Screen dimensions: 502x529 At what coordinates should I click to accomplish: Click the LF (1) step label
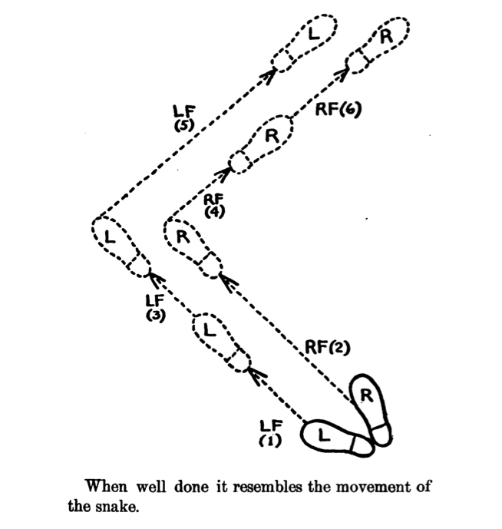[270, 433]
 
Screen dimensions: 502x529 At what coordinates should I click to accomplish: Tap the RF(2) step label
[327, 348]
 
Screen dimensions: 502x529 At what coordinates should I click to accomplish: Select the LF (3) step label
[155, 308]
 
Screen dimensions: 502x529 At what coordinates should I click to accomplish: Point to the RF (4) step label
[214, 206]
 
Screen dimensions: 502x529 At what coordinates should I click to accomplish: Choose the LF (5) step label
[184, 118]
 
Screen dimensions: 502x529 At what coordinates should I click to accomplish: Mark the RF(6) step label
[339, 109]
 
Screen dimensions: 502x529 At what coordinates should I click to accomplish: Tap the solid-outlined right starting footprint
[371, 410]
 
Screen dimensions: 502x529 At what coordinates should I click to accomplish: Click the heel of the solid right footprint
[381, 435]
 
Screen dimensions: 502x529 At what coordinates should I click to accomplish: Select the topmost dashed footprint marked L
[304, 42]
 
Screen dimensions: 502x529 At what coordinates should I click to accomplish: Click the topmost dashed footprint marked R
[378, 45]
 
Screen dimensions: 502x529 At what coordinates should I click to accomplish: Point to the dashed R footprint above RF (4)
[260, 144]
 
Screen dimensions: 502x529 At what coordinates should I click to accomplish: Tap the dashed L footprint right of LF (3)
[221, 342]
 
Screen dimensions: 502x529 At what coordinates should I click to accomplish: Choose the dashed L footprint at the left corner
[121, 247]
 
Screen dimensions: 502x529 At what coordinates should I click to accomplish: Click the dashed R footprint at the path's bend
[193, 249]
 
